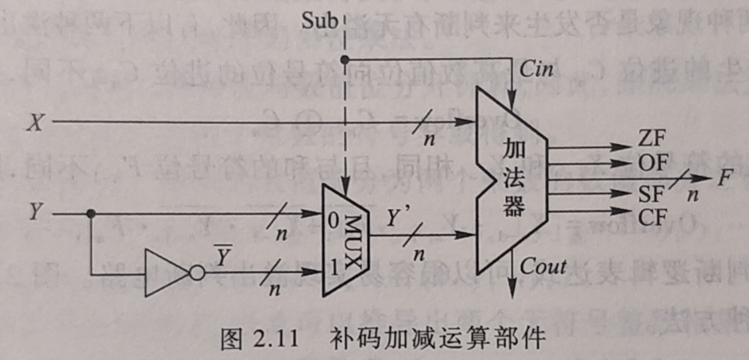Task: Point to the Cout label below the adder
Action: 547,267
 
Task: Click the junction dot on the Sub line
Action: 343,60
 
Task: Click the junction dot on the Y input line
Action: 91,213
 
